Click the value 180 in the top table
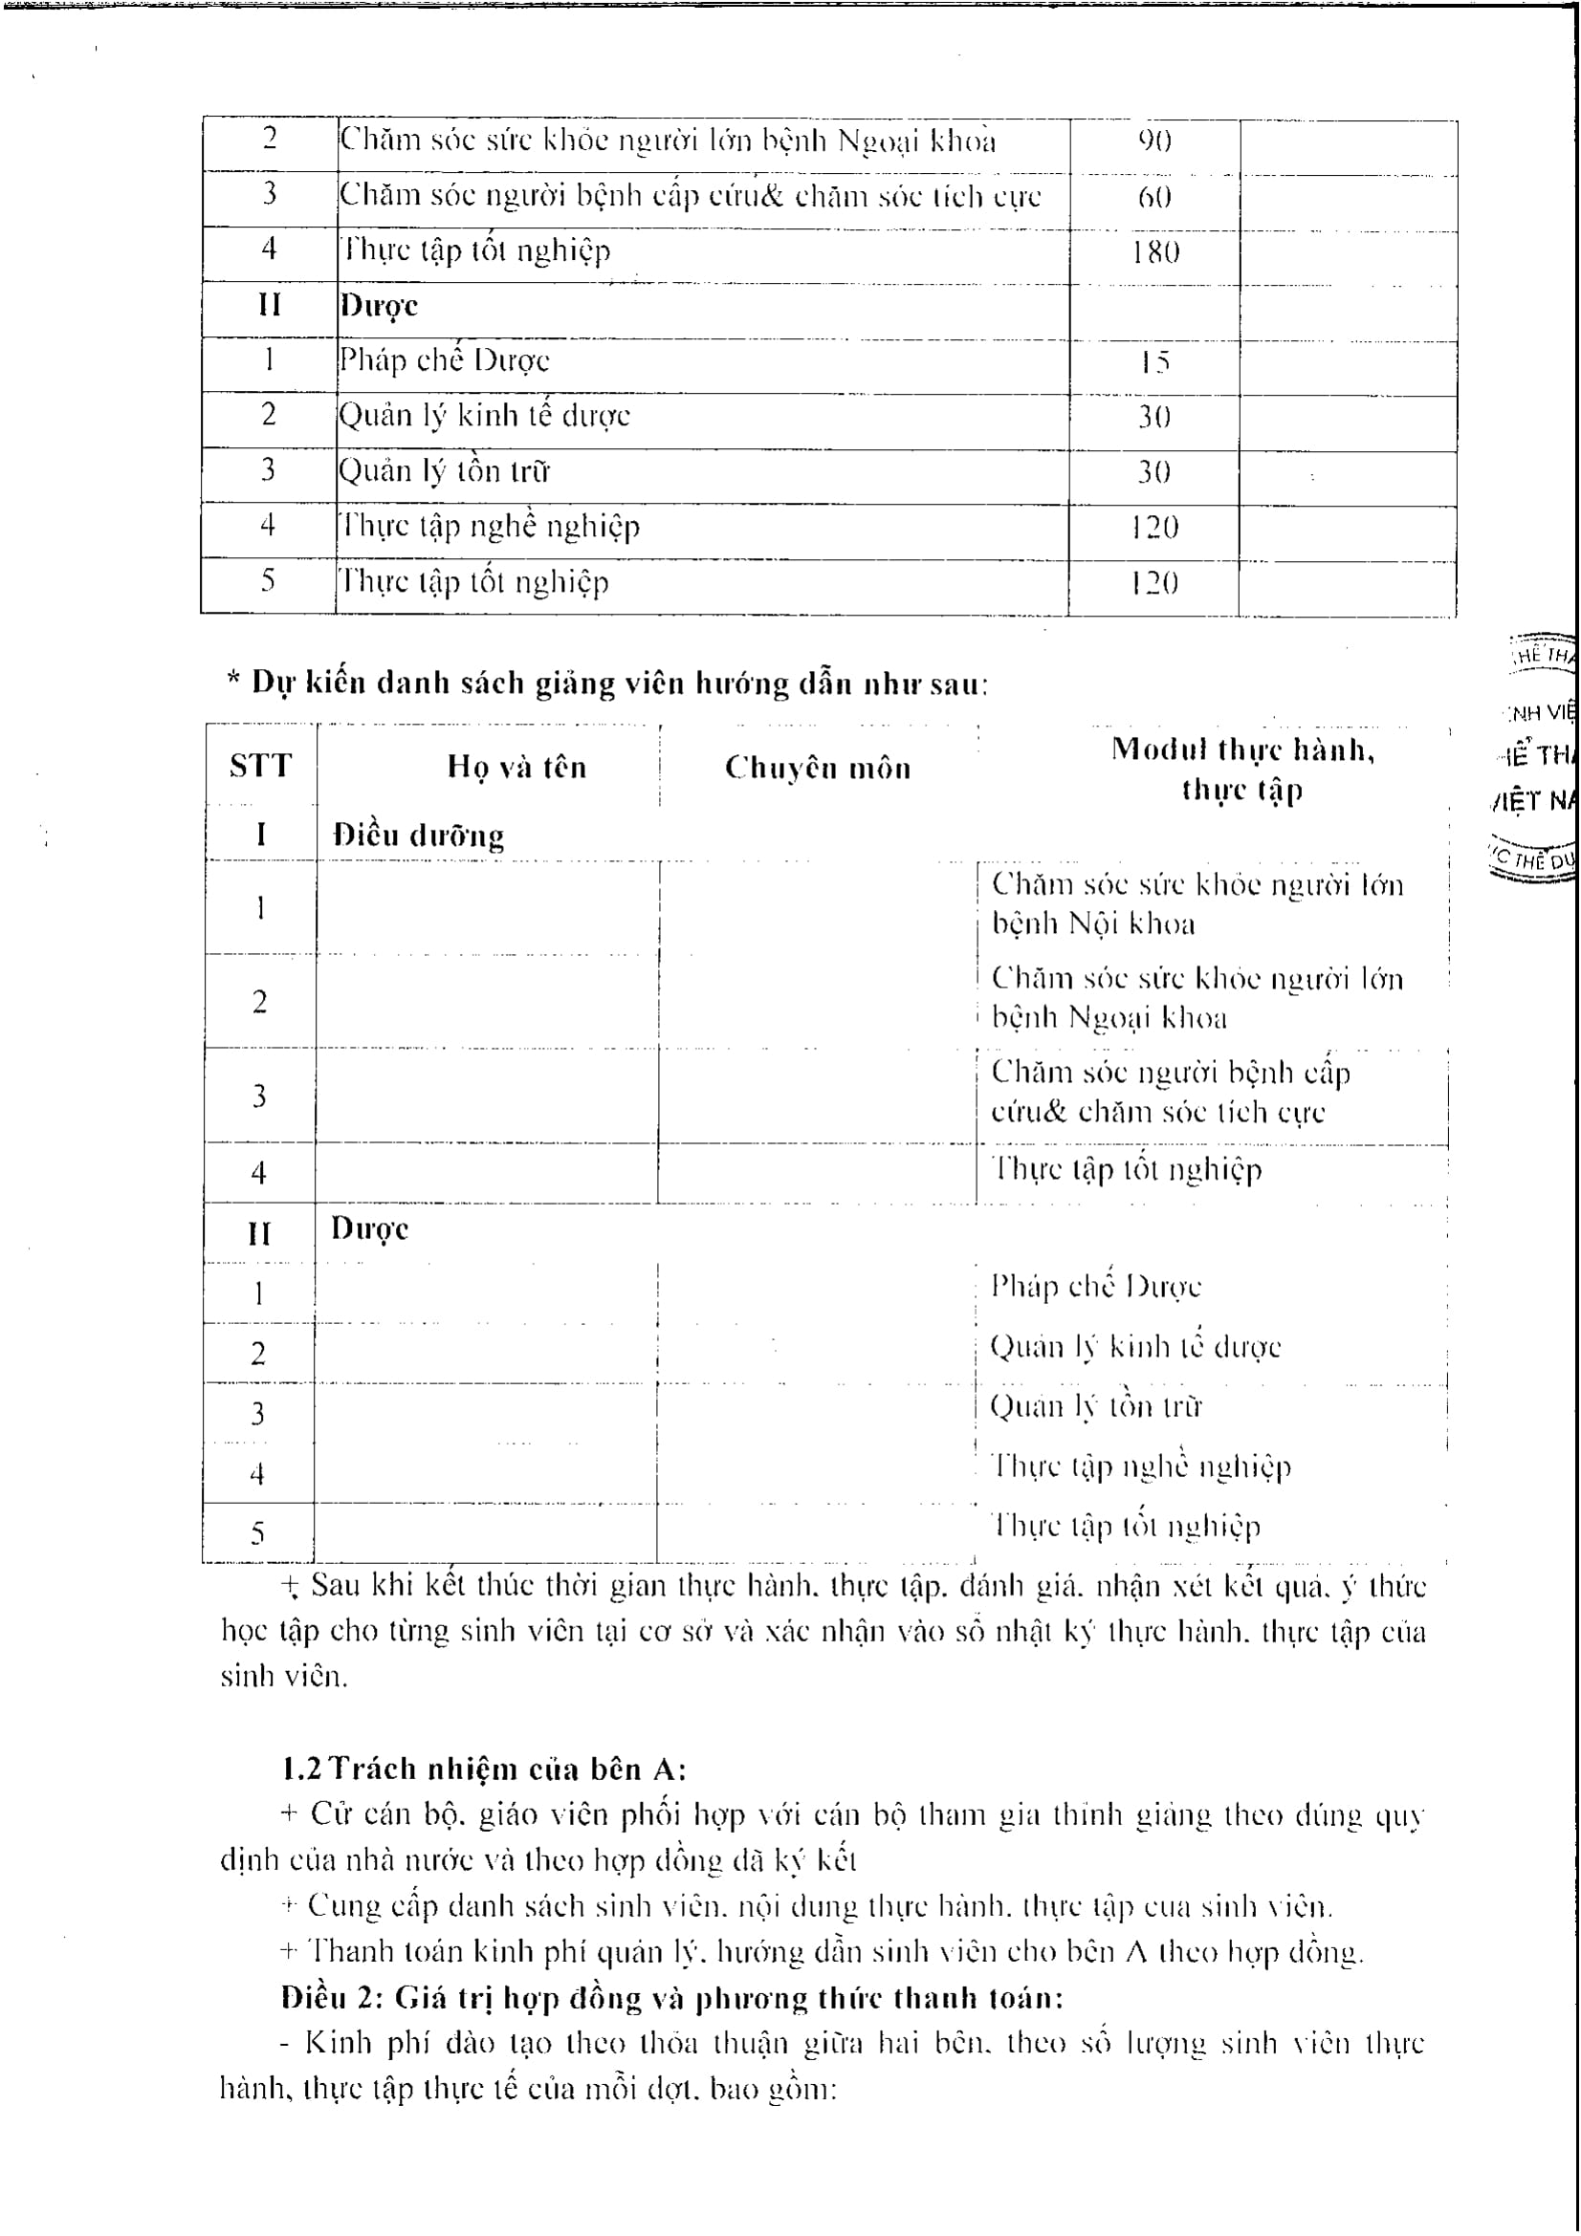pos(1155,253)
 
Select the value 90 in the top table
pos(1155,142)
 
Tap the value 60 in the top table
pos(1155,198)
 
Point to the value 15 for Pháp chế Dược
pos(1155,363)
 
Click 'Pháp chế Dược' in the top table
pos(444,361)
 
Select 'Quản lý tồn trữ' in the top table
pos(444,471)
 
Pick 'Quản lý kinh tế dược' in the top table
pos(484,417)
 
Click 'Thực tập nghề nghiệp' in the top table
pos(489,527)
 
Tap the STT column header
pos(260,767)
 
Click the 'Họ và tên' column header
pos(516,768)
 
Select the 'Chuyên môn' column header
pos(818,769)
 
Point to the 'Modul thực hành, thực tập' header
pos(1242,770)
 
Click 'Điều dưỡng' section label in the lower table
pos(419,836)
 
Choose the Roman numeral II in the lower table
pos(259,1234)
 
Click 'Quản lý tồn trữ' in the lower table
pos(1096,1406)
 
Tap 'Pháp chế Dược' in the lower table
pos(1096,1287)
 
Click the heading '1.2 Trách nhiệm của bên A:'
pos(484,1768)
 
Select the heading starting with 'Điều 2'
pos(672,1997)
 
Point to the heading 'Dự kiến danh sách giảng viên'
pos(608,684)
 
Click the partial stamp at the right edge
pos(1539,760)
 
